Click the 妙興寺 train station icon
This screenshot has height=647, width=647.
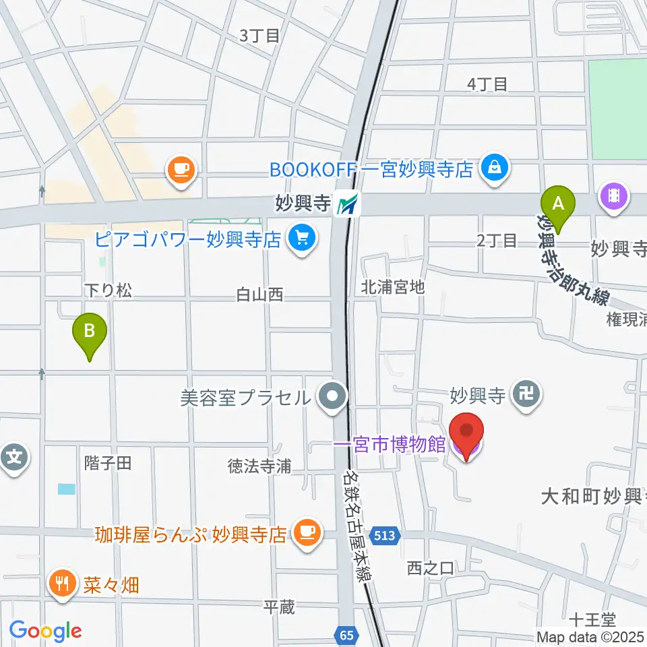pos(349,204)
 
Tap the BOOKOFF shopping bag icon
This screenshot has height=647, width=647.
pos(495,168)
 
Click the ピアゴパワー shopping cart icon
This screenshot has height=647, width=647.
pos(301,239)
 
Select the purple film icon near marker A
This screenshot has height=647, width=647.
pos(615,197)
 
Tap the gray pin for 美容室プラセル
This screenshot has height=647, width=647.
pos(332,396)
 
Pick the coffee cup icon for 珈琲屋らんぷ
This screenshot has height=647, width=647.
pos(307,534)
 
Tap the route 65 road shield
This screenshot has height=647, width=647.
pos(346,634)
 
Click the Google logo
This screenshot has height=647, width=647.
pos(45,631)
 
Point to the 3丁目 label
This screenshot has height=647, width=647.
pos(259,36)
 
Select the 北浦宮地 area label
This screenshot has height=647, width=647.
pos(392,287)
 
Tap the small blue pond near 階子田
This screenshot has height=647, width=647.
pos(67,489)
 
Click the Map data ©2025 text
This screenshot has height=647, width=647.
pos(590,636)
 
